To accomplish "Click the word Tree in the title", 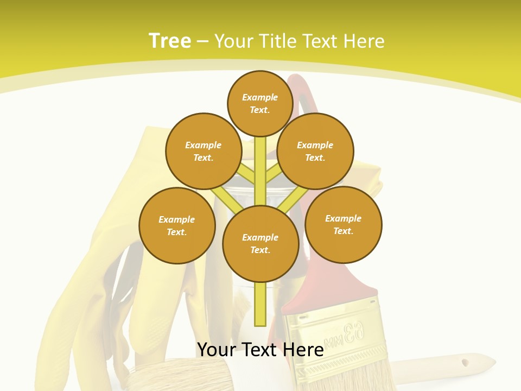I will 170,41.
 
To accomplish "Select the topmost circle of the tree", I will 260,103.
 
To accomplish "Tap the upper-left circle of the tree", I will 204,151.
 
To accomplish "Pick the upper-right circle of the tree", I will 315,151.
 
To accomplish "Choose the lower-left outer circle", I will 177,225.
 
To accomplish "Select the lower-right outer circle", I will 343,224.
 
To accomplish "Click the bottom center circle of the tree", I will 260,243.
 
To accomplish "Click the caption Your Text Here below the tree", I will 260,349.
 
